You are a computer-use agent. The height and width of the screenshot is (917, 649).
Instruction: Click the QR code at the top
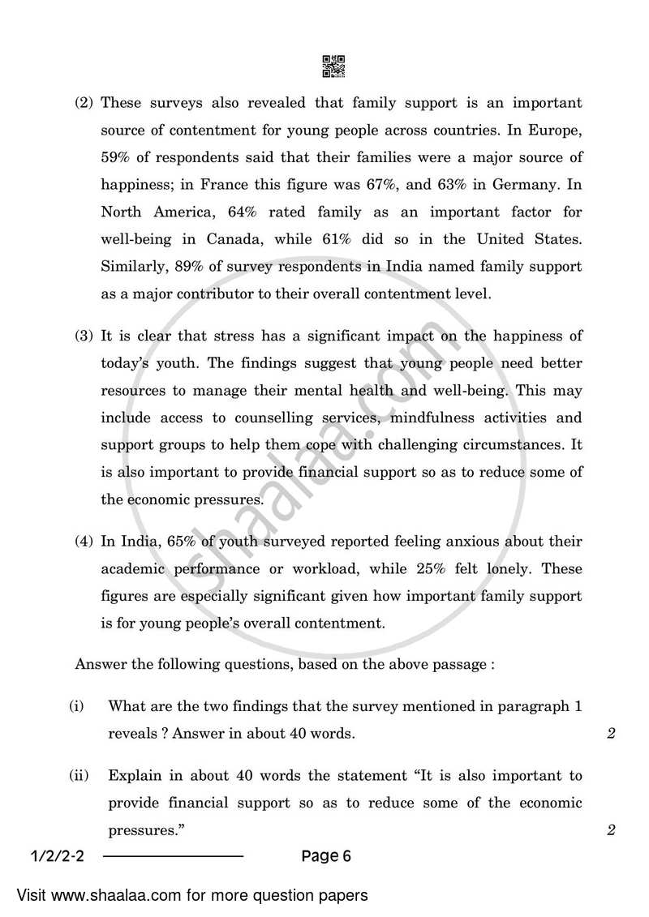[x=333, y=66]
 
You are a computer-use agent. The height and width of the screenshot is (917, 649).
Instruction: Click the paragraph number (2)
[x=84, y=103]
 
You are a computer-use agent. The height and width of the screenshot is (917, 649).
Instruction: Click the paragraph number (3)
[x=84, y=336]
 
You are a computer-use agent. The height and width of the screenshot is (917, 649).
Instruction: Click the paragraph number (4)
[x=84, y=541]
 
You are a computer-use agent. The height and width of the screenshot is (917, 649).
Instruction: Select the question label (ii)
[x=78, y=776]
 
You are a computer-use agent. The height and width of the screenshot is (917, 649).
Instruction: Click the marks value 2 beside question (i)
[x=611, y=735]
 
